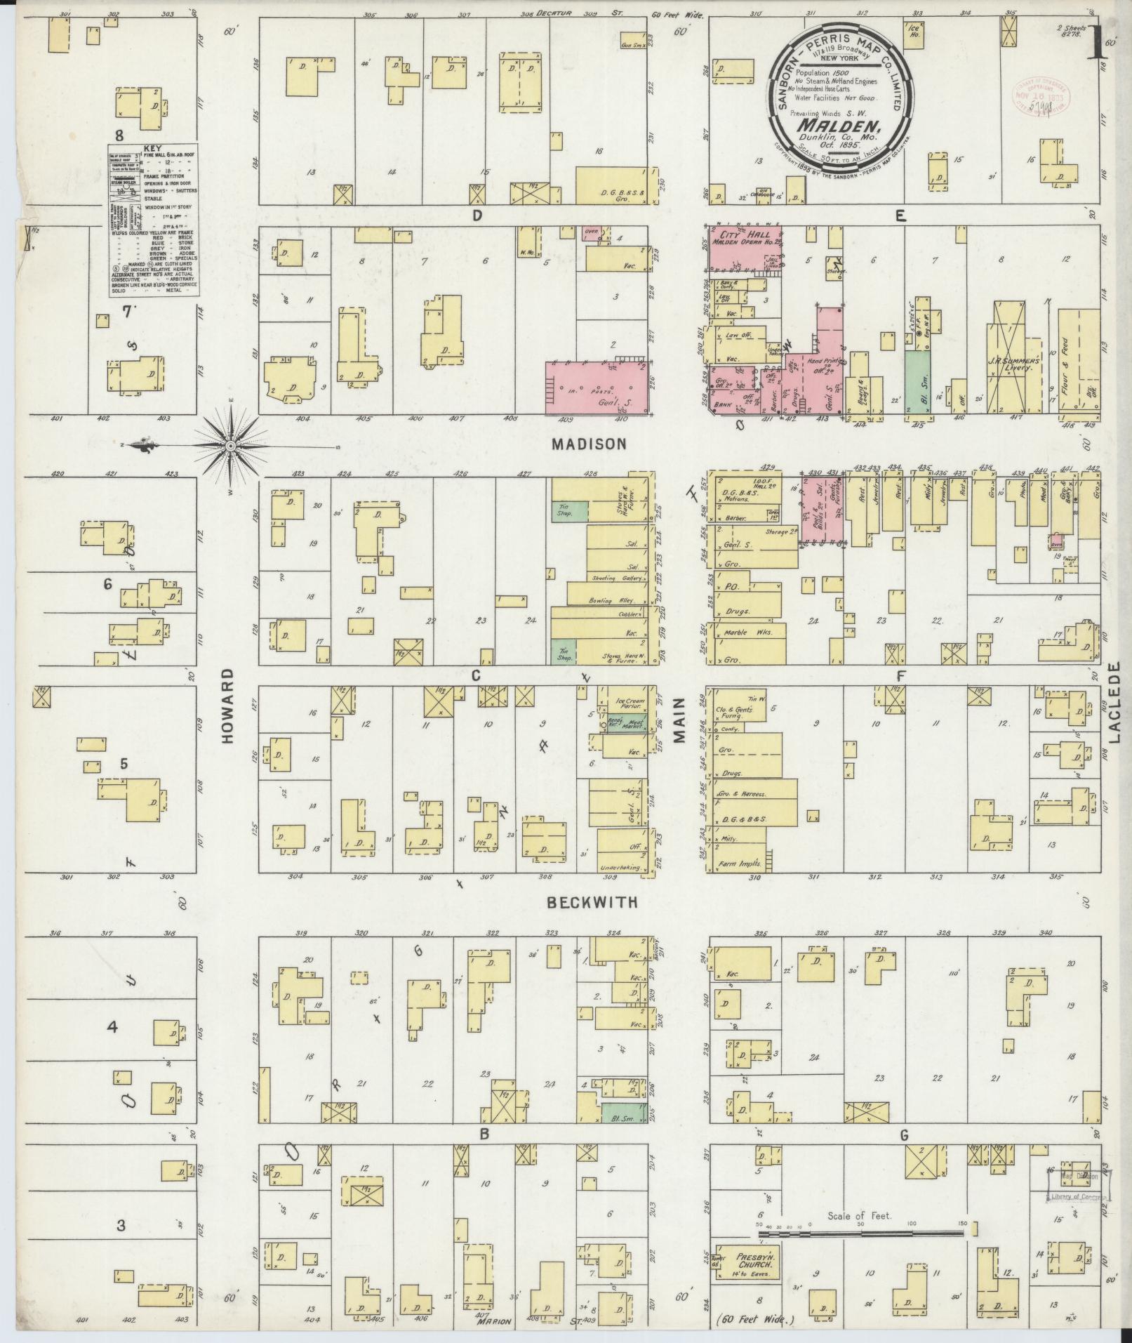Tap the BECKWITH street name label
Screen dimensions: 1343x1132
[x=594, y=902]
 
